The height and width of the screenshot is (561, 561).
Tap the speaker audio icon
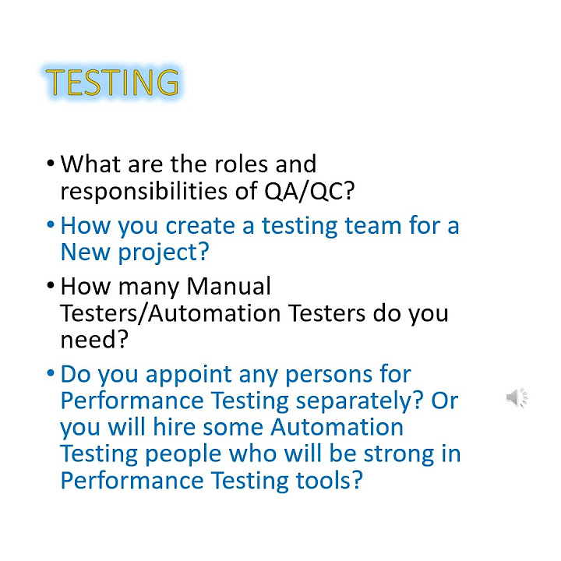coord(516,398)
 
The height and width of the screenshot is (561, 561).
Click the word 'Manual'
coord(230,287)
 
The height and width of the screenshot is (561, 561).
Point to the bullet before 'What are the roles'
coord(50,165)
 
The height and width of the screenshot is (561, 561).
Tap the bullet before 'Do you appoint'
coord(50,375)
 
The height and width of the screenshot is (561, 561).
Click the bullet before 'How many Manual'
coord(50,288)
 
